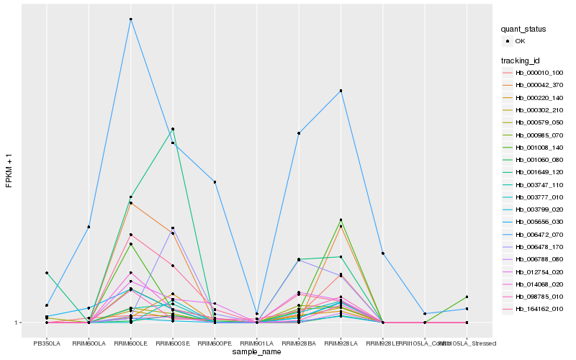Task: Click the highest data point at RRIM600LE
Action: click(x=130, y=19)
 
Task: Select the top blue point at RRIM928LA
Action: click(x=341, y=91)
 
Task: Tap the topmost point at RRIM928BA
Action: click(x=298, y=133)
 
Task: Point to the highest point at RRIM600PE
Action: click(x=215, y=182)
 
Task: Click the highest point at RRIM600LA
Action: click(x=89, y=227)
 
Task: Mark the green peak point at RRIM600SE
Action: click(x=173, y=129)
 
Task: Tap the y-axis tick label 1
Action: click(x=18, y=323)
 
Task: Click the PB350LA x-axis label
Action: click(x=47, y=343)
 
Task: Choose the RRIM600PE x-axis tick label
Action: click(x=215, y=343)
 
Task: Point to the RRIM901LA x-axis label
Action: click(x=256, y=343)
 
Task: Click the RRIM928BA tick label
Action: click(x=298, y=343)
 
